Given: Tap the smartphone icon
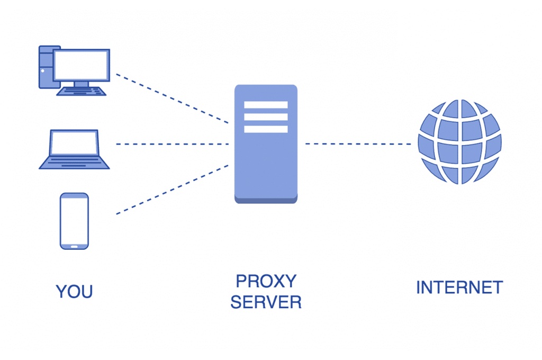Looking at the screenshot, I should (74, 221).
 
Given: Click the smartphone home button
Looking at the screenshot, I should (74, 245).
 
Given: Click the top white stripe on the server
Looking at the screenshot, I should (266, 105).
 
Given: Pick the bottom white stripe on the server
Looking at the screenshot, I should (266, 129).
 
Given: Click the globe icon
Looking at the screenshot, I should (459, 142).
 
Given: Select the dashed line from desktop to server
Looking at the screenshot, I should (172, 98).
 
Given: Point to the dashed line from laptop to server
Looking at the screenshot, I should (172, 143).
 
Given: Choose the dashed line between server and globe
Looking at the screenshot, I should (358, 143).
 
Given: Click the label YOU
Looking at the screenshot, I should (74, 291).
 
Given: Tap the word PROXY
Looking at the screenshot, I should (266, 281).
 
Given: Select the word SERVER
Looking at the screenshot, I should (266, 302).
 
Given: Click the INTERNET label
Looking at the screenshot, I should (459, 287).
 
